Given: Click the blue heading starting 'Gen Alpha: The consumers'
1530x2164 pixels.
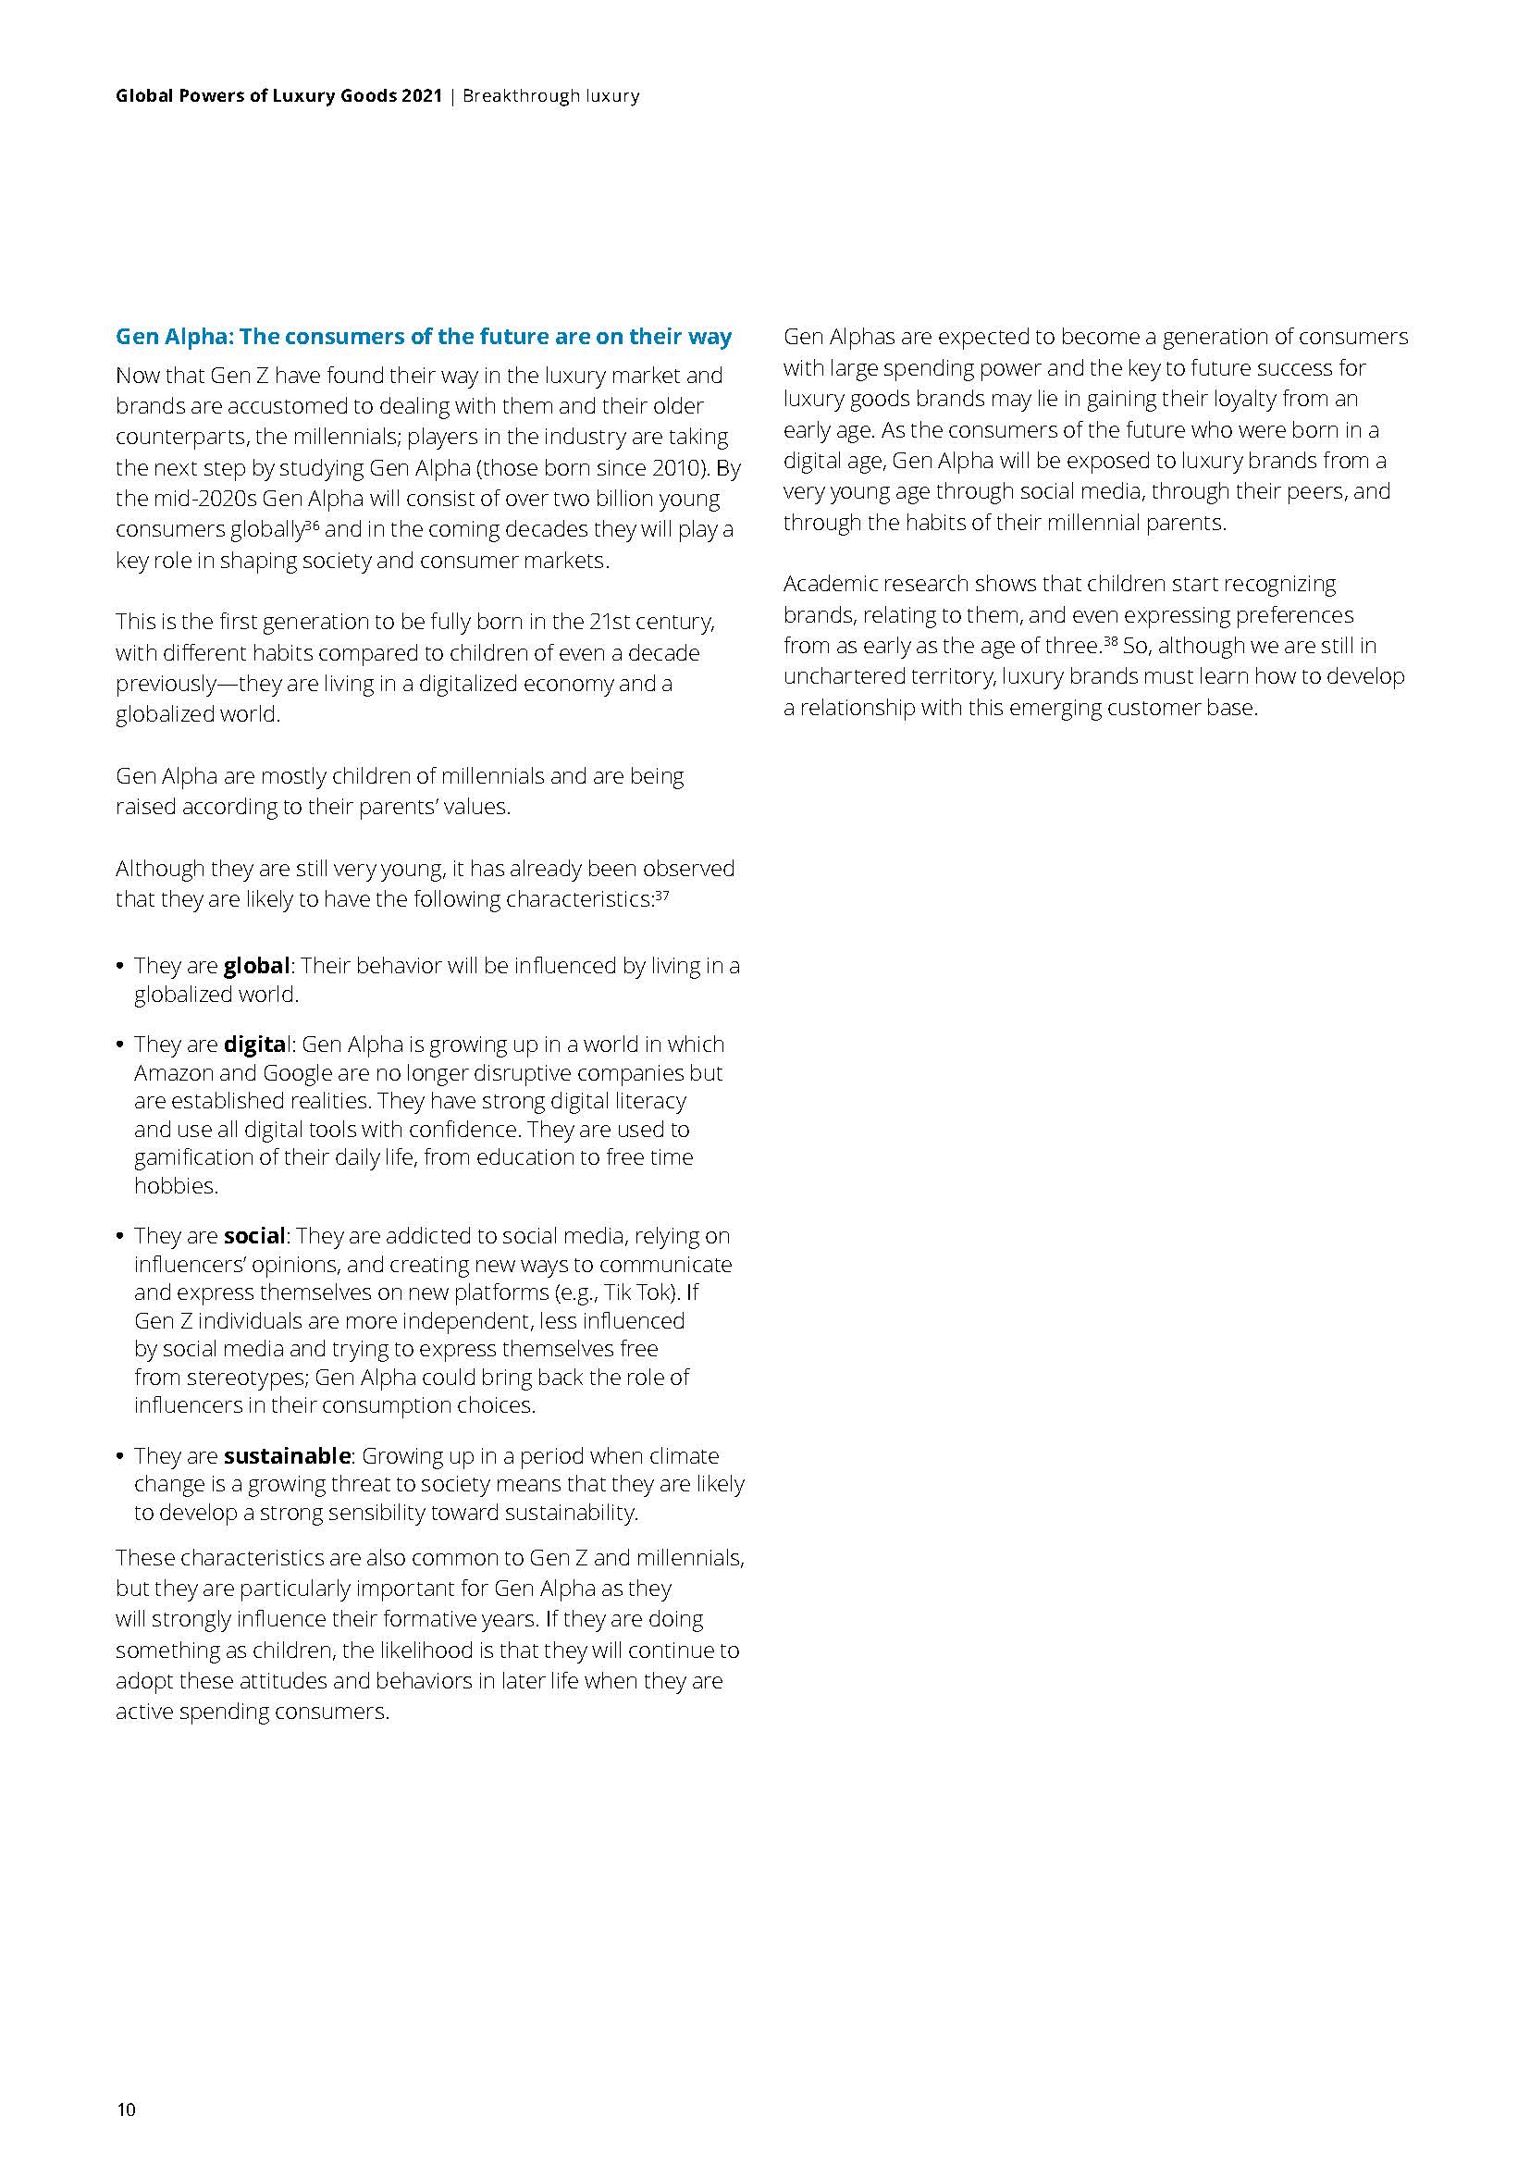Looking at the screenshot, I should click(423, 337).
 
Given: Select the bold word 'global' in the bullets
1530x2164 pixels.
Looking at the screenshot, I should click(256, 965).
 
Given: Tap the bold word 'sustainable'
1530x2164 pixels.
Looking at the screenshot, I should click(287, 1455).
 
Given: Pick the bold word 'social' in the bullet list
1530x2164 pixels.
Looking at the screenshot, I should click(253, 1235).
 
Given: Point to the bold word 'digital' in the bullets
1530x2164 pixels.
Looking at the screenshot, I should click(255, 1045).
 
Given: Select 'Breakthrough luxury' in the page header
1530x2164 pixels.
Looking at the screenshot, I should click(551, 95).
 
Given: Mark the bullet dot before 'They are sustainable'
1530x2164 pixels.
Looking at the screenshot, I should click(119, 1456).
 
